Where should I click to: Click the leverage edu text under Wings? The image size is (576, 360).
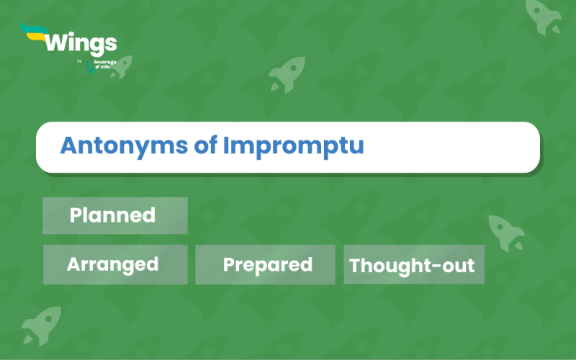tap(103, 64)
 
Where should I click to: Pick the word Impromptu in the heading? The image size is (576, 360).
tap(293, 147)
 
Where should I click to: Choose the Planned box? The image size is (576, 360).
tap(114, 215)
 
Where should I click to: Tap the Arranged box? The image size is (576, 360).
tap(114, 264)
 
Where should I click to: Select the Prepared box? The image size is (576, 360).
tap(266, 264)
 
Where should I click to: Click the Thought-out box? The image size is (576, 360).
tap(413, 265)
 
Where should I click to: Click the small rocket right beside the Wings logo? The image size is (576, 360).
tap(121, 66)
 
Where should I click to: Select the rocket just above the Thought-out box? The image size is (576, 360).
tap(506, 232)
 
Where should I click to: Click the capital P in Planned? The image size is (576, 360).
tap(76, 215)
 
